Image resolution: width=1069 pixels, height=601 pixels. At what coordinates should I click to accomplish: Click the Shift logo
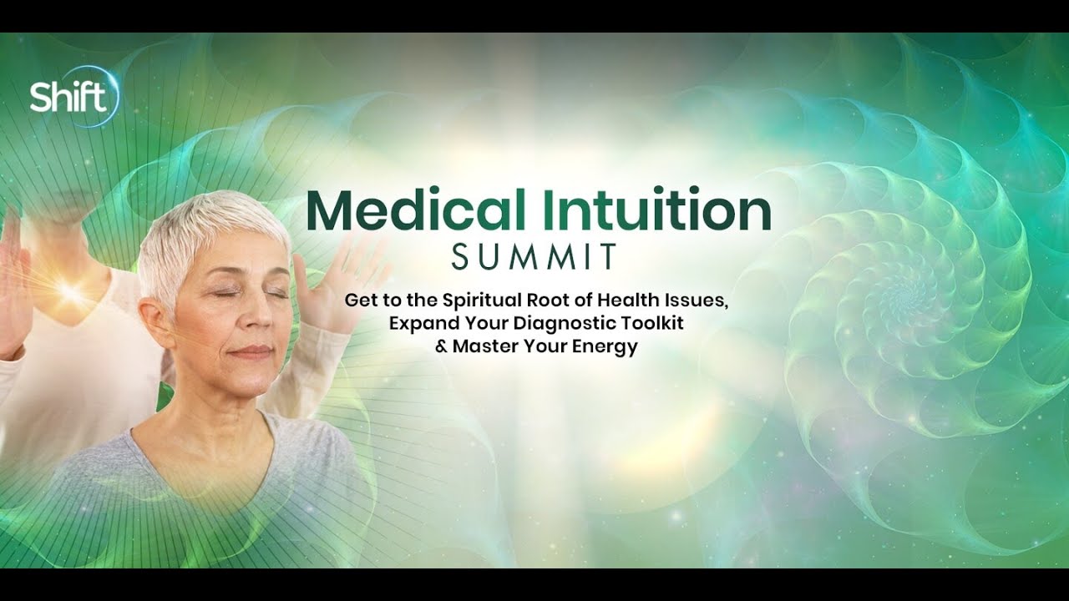click(74, 96)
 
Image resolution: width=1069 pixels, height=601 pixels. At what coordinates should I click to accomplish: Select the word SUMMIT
click(534, 256)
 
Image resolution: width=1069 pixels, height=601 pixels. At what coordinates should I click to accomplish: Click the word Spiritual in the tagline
click(482, 301)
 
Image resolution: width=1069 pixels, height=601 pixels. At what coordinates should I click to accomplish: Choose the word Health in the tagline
click(627, 300)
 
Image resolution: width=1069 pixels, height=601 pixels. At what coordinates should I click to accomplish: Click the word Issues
click(696, 301)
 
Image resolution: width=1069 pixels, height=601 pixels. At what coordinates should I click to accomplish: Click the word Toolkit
click(652, 323)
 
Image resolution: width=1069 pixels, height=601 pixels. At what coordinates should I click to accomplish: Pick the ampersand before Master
click(441, 346)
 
